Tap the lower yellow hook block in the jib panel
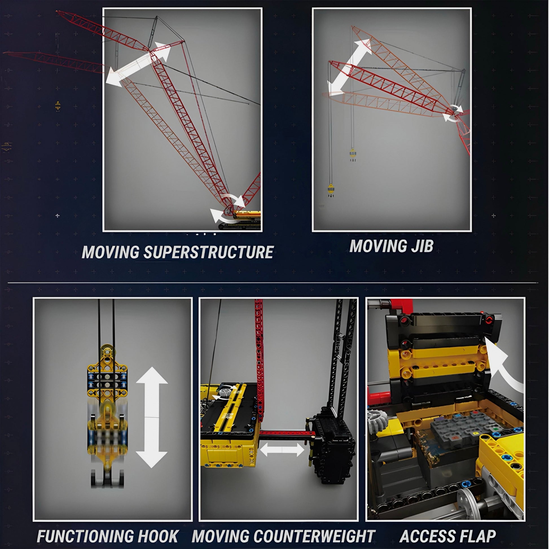tap(330, 190)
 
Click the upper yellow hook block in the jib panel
tap(353, 155)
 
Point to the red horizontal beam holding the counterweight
tap(285, 433)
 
